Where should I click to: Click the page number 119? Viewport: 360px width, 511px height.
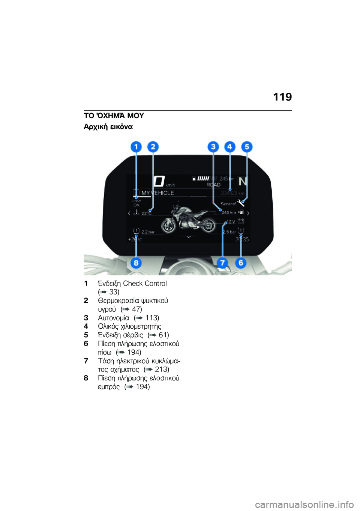tap(282, 97)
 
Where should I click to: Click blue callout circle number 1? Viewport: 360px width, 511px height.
tap(136, 147)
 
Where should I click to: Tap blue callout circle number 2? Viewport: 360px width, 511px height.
tap(153, 147)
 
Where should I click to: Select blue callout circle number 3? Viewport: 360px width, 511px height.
tap(213, 147)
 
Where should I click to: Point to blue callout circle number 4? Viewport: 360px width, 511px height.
tap(230, 147)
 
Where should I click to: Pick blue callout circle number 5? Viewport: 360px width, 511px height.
tap(247, 147)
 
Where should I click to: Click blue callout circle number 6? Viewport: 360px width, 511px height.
tap(241, 263)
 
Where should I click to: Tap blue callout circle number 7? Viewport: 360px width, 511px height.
tap(223, 263)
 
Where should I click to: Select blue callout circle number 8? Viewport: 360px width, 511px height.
tap(136, 263)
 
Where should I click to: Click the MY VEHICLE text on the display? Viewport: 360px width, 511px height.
tap(157, 193)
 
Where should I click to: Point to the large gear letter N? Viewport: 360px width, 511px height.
tap(243, 182)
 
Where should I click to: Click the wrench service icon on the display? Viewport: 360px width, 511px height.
tap(241, 203)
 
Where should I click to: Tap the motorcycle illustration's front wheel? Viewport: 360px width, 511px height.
tap(169, 225)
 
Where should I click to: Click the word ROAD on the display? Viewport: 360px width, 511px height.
tap(213, 185)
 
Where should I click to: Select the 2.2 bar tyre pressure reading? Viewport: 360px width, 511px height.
tap(148, 232)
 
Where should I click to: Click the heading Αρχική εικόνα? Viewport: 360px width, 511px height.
tap(108, 126)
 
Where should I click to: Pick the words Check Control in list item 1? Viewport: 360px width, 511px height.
tap(145, 283)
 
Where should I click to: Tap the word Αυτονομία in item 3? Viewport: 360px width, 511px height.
tap(113, 318)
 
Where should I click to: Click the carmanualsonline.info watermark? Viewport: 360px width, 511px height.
tap(304, 504)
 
